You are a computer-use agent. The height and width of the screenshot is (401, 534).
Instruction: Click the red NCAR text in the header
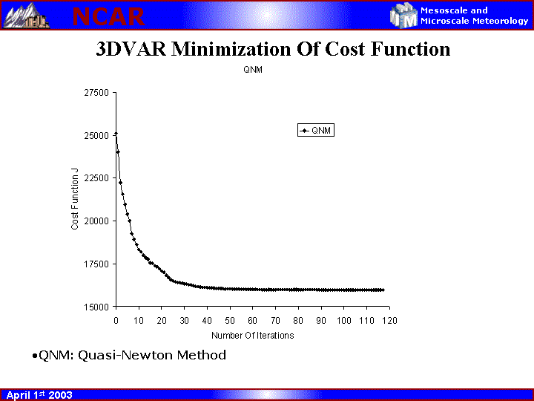click(x=108, y=16)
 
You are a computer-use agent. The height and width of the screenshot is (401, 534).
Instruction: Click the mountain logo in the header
click(x=26, y=16)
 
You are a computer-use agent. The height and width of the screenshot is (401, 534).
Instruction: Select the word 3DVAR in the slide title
click(x=131, y=49)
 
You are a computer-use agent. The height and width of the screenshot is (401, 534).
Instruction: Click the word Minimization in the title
click(x=231, y=49)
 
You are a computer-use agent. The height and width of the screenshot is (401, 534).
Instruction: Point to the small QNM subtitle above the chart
click(x=253, y=70)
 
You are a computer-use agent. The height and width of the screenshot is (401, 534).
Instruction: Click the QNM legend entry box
click(x=316, y=130)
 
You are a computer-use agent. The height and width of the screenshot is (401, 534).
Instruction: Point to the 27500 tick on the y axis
click(x=96, y=93)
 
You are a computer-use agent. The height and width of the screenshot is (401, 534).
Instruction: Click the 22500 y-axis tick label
click(x=96, y=178)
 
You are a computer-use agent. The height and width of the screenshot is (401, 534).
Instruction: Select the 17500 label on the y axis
click(x=96, y=264)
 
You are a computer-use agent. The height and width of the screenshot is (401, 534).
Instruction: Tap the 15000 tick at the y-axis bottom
click(x=96, y=307)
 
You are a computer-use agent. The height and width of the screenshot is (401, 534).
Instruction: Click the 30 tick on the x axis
click(x=184, y=321)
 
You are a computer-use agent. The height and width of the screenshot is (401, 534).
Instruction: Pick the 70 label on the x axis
click(x=275, y=321)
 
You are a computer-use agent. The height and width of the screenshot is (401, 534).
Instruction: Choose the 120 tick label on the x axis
click(x=389, y=321)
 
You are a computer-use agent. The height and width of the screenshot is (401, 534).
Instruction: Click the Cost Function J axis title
click(x=75, y=199)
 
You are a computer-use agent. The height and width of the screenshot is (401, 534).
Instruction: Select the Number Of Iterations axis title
click(x=252, y=336)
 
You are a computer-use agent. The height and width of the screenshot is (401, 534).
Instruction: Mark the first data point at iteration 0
click(x=116, y=134)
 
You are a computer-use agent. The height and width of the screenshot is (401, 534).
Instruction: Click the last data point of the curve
click(x=383, y=290)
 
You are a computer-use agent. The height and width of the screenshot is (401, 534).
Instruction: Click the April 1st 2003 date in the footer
click(x=39, y=395)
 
